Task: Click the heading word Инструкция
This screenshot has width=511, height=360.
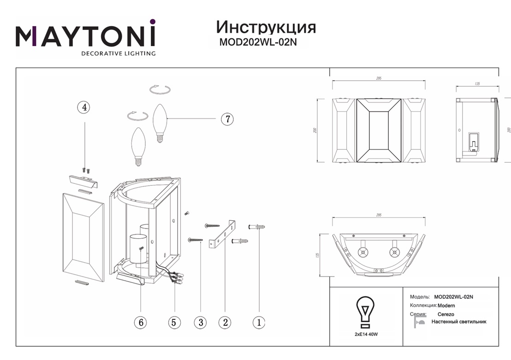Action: tap(266, 27)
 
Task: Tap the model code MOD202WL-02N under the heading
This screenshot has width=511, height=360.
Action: tap(261, 42)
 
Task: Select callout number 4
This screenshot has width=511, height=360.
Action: tap(83, 107)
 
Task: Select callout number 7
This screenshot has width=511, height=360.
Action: tap(227, 119)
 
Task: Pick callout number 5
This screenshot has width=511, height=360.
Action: tap(174, 322)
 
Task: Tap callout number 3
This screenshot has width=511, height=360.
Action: tap(200, 322)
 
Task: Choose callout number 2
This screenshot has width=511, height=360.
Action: tap(225, 322)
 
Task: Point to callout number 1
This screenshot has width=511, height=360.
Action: tap(259, 322)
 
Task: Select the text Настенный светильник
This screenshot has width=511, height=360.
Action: tap(458, 322)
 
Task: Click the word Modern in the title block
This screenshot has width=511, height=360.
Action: tap(446, 306)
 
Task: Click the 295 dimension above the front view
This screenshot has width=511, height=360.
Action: tap(379, 78)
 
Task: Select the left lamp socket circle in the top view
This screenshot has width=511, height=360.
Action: tap(362, 252)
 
